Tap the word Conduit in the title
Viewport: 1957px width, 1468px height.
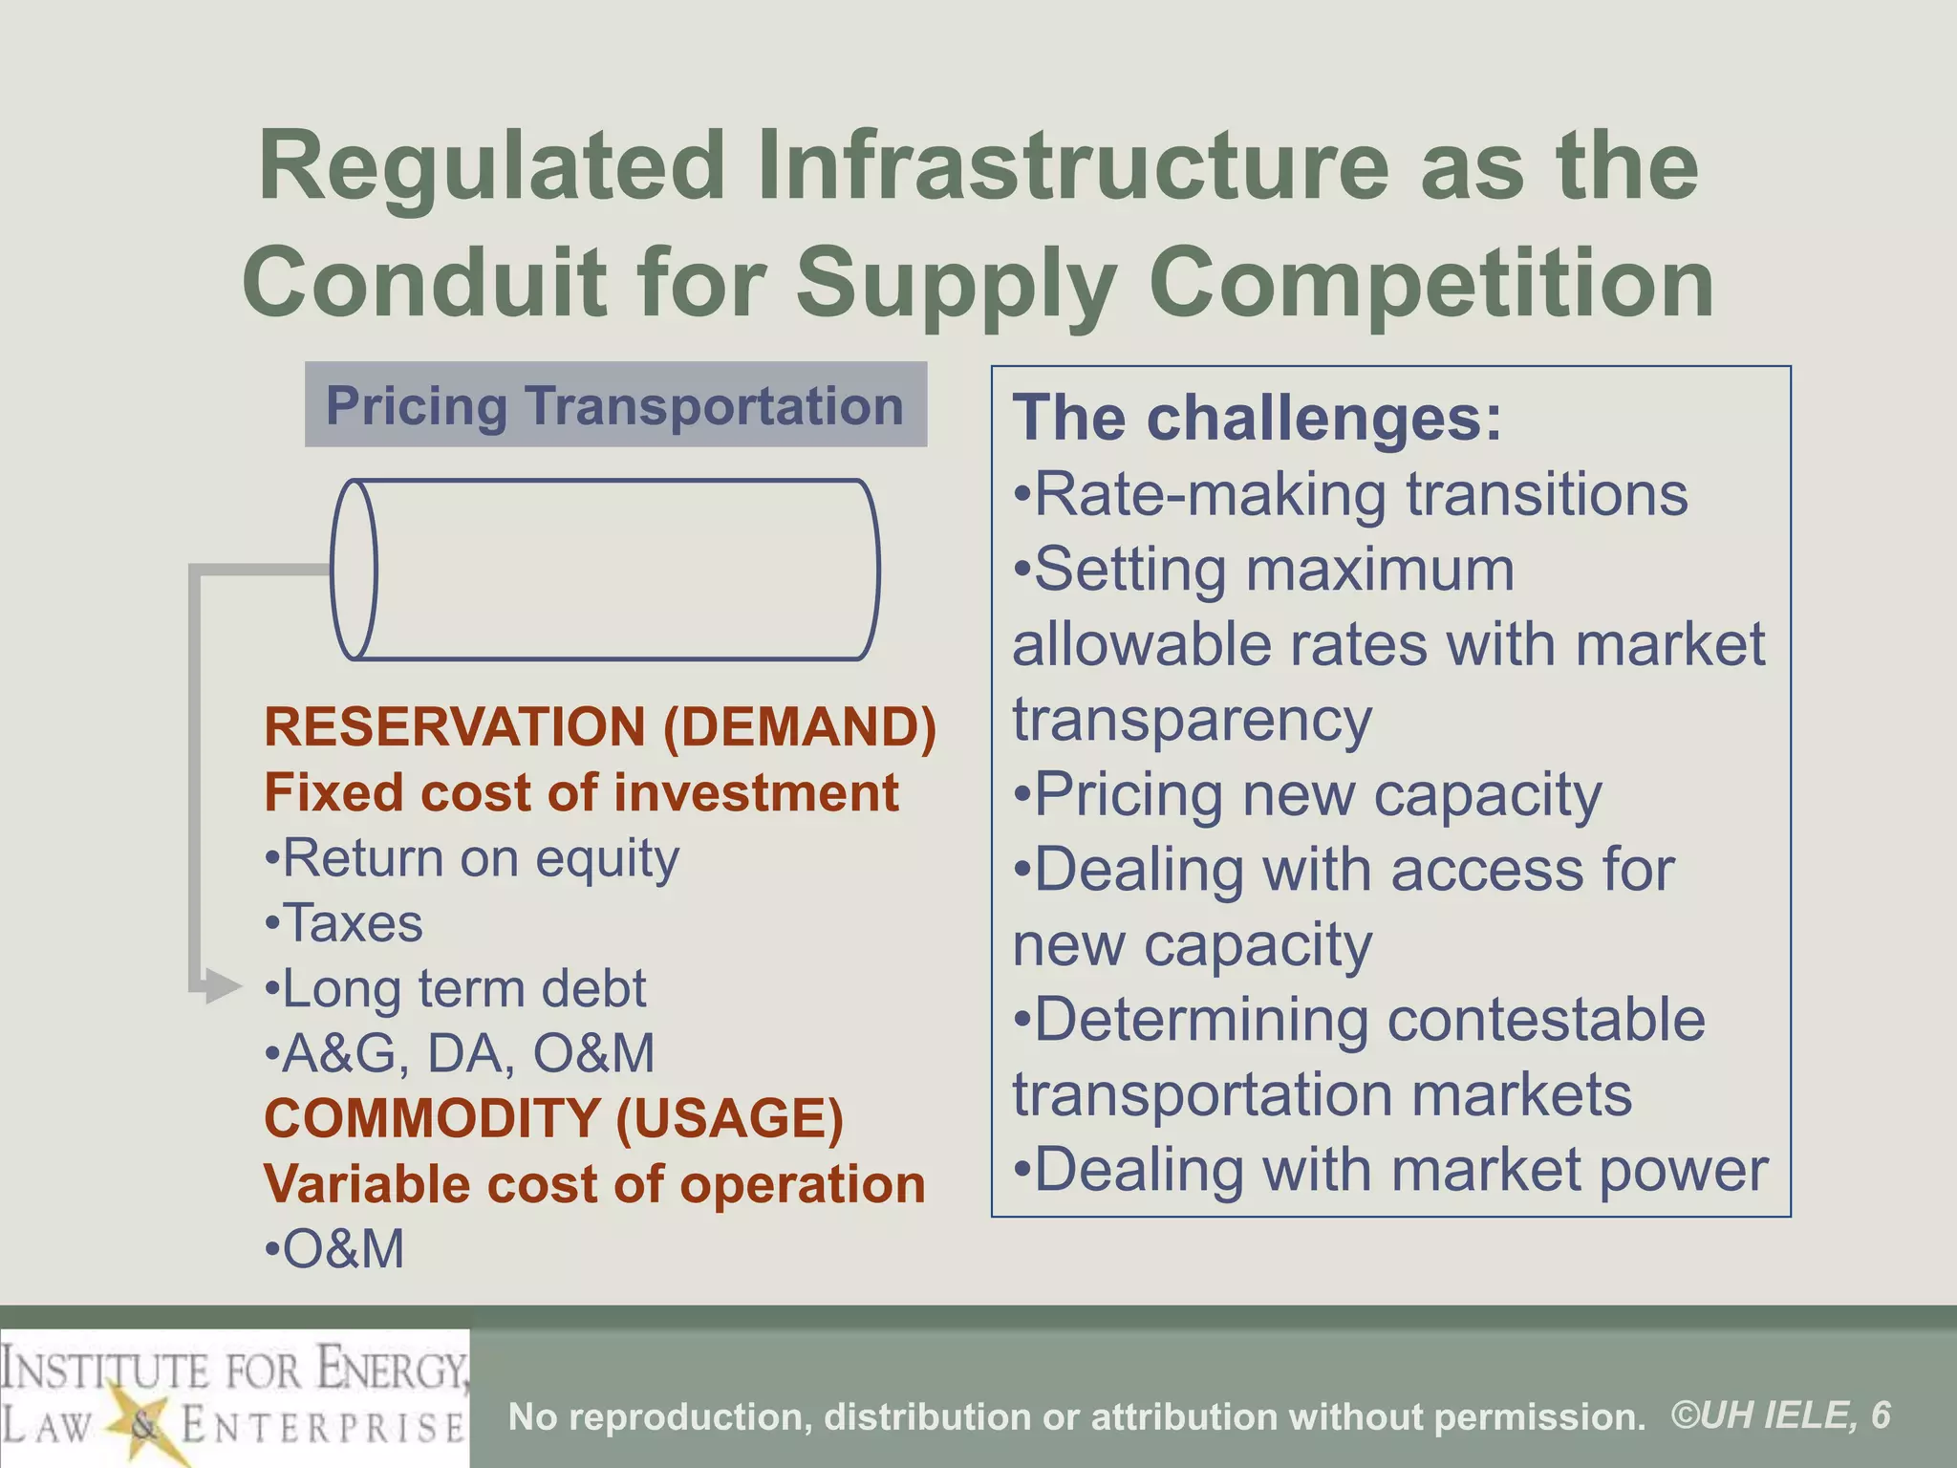pos(424,283)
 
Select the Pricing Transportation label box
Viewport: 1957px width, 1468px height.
pos(615,405)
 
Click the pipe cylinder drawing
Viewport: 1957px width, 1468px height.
pos(605,570)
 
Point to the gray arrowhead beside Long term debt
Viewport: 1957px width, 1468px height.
pos(223,986)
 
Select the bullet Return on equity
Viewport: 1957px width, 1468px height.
pos(472,858)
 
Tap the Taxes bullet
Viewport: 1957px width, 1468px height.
pos(344,923)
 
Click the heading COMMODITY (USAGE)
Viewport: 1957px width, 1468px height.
pos(554,1118)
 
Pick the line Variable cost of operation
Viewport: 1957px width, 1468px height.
pos(594,1184)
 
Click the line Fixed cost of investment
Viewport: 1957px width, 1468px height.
pos(581,792)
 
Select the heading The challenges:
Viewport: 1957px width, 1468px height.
pos(1258,419)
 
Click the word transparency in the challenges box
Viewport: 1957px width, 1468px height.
pos(1193,720)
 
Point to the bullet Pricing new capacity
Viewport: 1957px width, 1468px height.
pos(1307,795)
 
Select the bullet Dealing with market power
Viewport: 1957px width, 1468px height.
pos(1391,1170)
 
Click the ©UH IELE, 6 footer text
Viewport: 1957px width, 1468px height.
pos(1781,1415)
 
